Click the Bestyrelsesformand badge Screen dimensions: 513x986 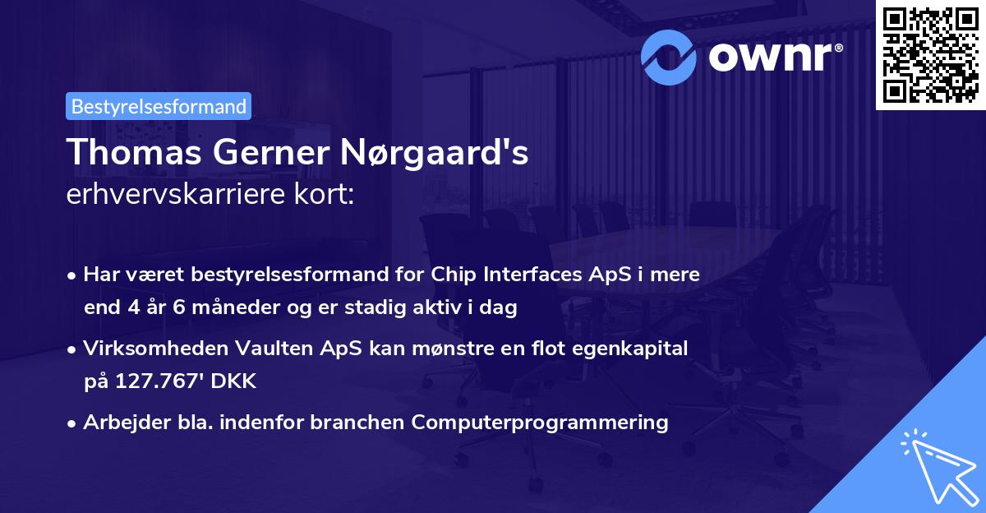158,106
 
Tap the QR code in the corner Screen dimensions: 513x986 930,54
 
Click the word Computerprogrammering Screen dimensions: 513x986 540,423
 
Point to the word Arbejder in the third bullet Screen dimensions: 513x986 119,423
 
